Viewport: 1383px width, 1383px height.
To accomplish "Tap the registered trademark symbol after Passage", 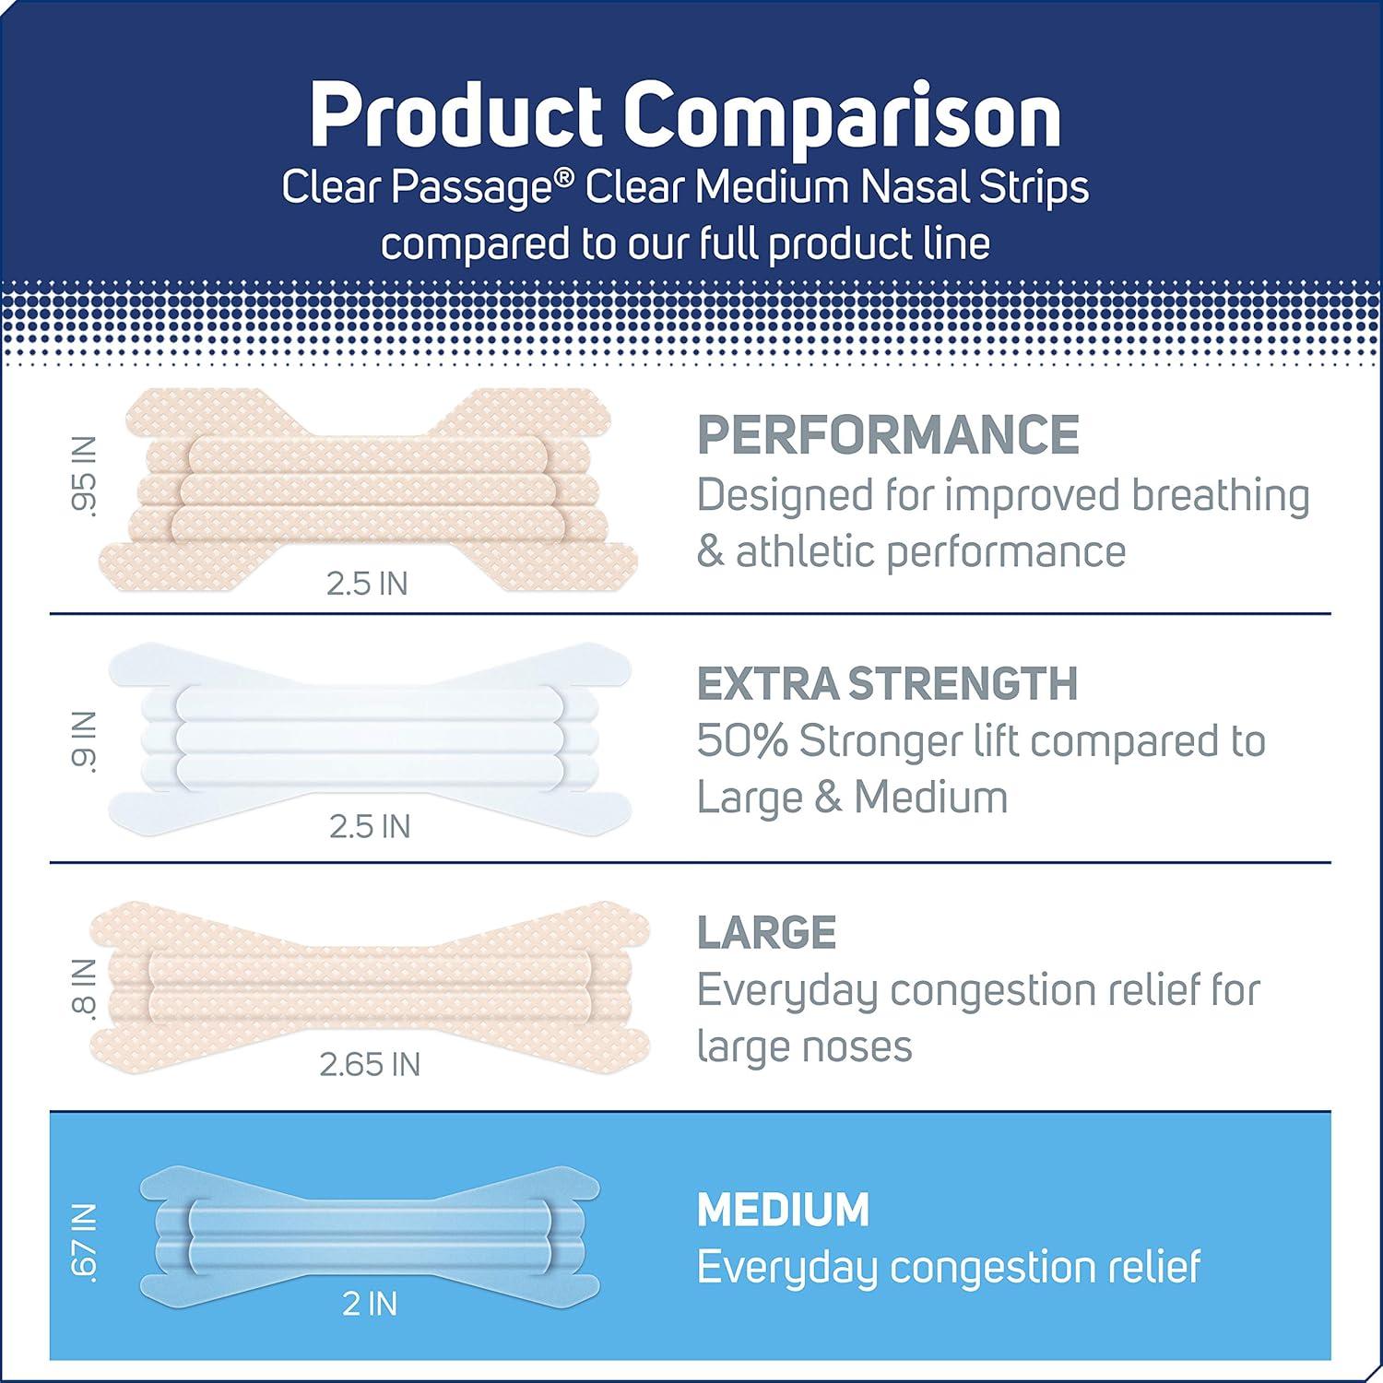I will (x=571, y=176).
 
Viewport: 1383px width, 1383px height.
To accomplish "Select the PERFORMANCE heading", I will (x=888, y=434).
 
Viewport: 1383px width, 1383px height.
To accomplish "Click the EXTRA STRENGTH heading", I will (x=887, y=683).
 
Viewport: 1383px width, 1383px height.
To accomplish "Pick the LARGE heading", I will (x=767, y=932).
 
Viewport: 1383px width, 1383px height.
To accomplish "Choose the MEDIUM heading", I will (x=783, y=1210).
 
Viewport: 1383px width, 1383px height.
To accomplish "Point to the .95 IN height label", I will (x=85, y=479).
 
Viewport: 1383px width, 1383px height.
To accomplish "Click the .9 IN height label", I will (x=85, y=741).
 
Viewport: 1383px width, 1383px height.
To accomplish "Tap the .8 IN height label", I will (x=85, y=987).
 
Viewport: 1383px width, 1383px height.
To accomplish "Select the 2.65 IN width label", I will (x=370, y=1065).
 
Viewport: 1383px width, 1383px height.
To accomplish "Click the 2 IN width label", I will (x=370, y=1305).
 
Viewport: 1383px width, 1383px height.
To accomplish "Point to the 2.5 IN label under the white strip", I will (x=370, y=826).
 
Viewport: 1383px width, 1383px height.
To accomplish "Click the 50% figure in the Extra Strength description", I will (x=742, y=741).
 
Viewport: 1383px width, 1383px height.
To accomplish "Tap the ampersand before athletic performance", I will (x=710, y=552).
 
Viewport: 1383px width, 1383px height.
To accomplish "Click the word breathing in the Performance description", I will (x=1220, y=496).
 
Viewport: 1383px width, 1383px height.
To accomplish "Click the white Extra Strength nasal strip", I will (x=369, y=733).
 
